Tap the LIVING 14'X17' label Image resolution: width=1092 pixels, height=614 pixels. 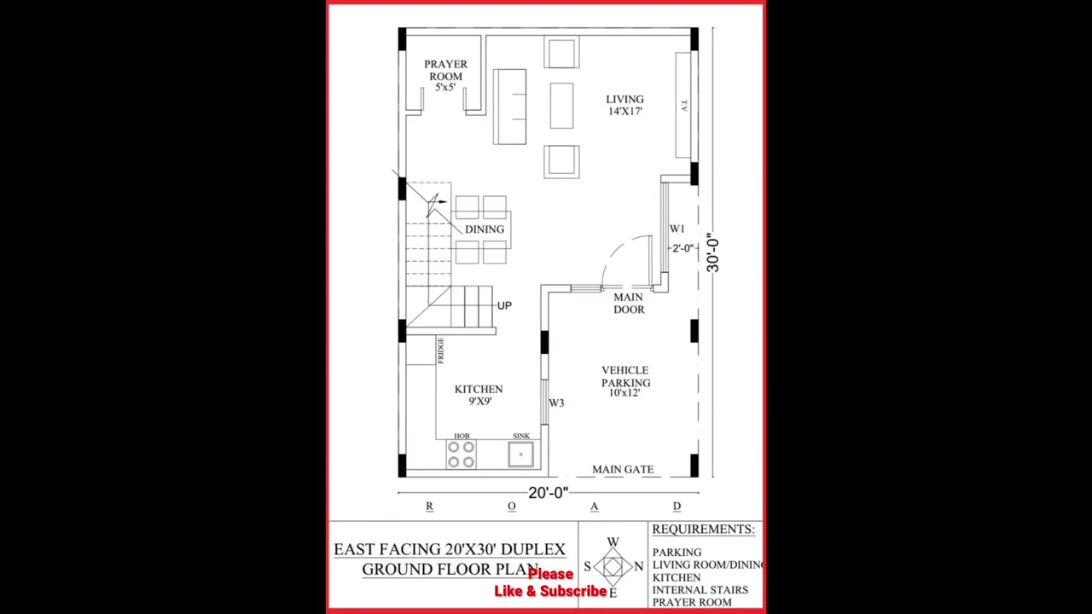pos(624,105)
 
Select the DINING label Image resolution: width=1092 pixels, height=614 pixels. pos(485,229)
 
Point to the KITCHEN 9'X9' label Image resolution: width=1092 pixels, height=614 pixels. pos(479,394)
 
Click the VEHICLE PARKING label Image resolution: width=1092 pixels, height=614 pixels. pos(624,381)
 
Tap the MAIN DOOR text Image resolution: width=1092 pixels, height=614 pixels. pos(629,304)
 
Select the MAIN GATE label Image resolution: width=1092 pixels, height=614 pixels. pos(623,470)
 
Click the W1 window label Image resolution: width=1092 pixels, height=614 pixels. pos(677,229)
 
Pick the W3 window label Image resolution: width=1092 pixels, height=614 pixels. pos(556,403)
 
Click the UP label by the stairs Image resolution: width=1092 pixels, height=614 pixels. pos(504,305)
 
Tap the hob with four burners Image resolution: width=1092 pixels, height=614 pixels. pos(461,454)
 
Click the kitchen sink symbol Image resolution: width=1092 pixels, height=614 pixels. pos(520,455)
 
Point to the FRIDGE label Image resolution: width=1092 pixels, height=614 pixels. pos(440,350)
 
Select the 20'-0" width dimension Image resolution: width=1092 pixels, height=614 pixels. pos(548,493)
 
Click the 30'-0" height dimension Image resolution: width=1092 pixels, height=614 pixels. pos(712,254)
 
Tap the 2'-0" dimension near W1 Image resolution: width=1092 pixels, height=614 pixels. pos(682,248)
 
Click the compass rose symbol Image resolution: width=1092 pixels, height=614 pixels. pos(613,566)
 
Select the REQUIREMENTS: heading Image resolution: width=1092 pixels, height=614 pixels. pos(703,530)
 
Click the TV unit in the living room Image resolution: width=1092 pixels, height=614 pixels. pos(683,105)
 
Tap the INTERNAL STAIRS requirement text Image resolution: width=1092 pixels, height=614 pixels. pos(700,589)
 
